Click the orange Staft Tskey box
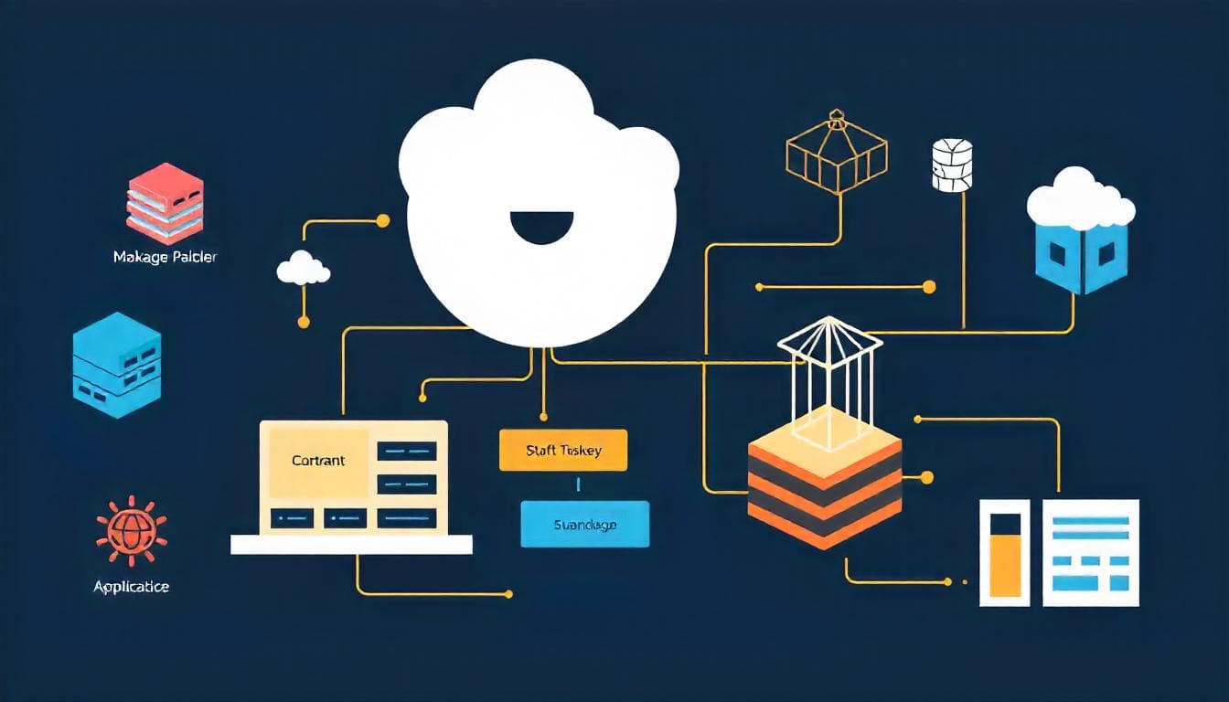point(563,450)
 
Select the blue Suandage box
point(584,524)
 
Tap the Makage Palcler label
point(165,257)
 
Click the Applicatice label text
point(131,587)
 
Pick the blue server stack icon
point(116,365)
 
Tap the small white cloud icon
point(303,268)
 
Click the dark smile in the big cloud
point(541,227)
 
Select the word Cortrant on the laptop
point(318,461)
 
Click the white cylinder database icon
point(951,165)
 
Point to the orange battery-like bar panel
point(1004,552)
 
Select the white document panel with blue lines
point(1091,552)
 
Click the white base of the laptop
point(351,545)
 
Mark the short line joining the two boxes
point(578,485)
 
